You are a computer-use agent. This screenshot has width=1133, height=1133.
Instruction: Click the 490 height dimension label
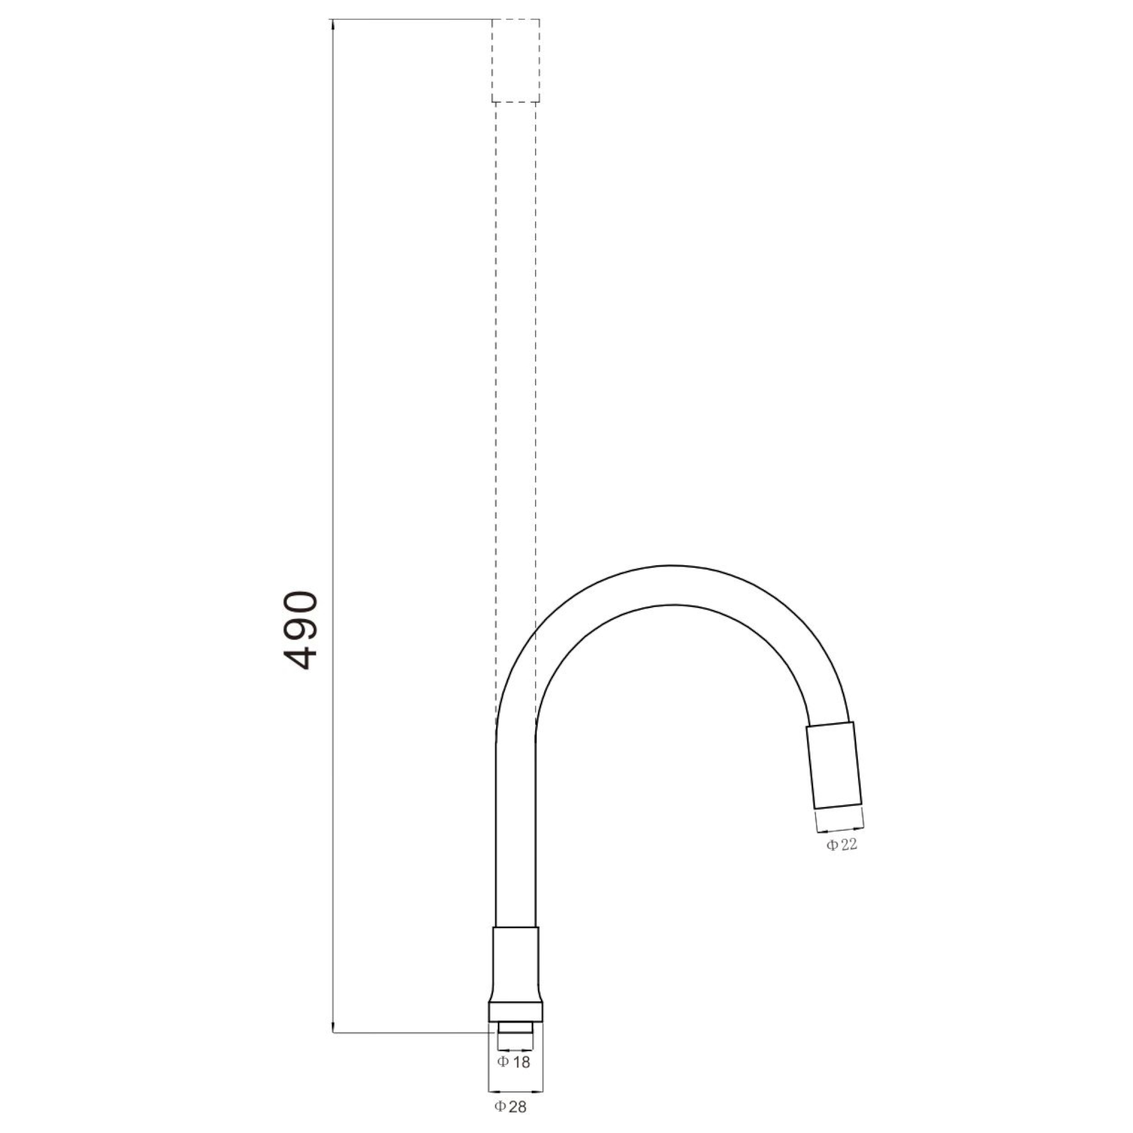point(300,630)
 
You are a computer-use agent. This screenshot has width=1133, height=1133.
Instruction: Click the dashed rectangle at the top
point(516,61)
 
